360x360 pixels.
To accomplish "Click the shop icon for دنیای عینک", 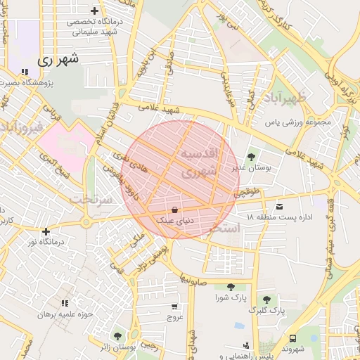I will (174, 210).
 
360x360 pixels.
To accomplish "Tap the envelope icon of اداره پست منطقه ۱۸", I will (281, 206).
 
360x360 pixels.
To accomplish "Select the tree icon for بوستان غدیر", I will (252, 157).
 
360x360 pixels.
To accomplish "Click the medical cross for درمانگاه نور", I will (46, 231).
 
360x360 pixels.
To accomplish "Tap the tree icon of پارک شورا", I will (231, 286).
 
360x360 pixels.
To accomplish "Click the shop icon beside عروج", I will (174, 307).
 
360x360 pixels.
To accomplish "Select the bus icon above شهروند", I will (292, 338).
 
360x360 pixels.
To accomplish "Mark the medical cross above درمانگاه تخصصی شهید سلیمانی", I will (95, 11).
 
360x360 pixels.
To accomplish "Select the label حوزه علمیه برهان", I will (66, 314).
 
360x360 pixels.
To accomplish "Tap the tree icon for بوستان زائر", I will (117, 336).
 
